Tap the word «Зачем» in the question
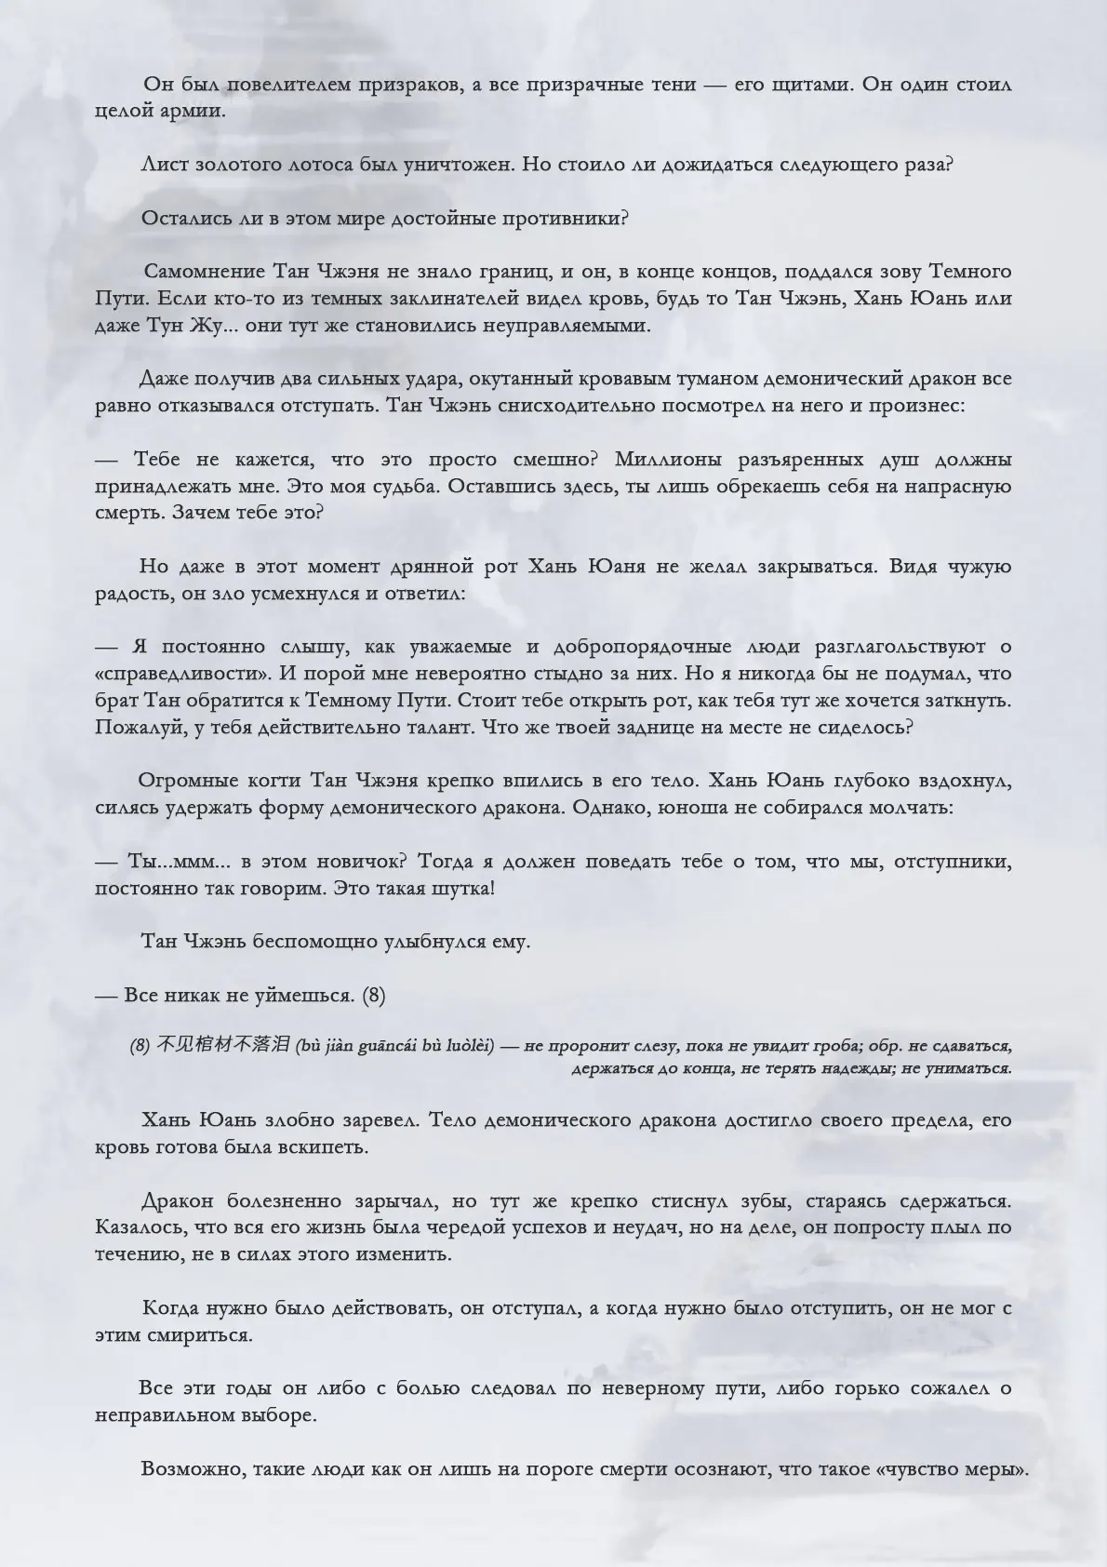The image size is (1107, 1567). point(200,514)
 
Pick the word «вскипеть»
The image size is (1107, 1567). point(323,1147)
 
